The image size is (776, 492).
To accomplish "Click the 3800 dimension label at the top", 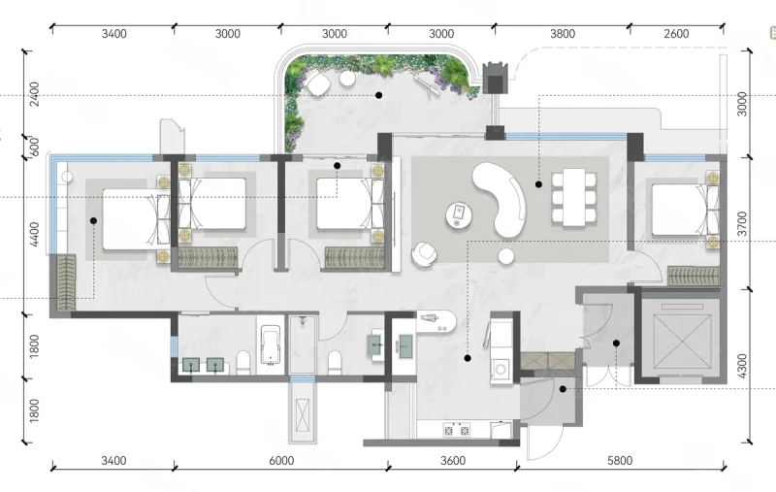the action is [563, 34].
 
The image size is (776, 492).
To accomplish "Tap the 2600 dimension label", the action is [676, 34].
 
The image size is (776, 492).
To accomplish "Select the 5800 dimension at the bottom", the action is [620, 461].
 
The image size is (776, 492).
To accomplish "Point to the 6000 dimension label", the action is [281, 461].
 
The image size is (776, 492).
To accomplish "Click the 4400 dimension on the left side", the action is [34, 235].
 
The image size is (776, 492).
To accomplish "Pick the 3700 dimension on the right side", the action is [742, 224].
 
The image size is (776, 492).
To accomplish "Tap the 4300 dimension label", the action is [742, 366].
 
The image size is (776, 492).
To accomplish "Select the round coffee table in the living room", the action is [458, 215].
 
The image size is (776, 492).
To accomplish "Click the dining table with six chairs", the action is [574, 197].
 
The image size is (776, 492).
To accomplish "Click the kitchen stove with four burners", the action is [456, 430].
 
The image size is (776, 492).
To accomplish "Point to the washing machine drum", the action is [501, 369].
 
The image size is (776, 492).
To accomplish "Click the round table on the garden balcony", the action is [347, 79].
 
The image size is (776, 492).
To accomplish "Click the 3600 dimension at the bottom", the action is [453, 461].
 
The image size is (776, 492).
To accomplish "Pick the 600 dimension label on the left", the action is [34, 147].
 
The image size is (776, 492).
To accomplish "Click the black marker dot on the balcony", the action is [378, 95].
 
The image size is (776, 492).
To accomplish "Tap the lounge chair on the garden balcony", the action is [426, 85].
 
